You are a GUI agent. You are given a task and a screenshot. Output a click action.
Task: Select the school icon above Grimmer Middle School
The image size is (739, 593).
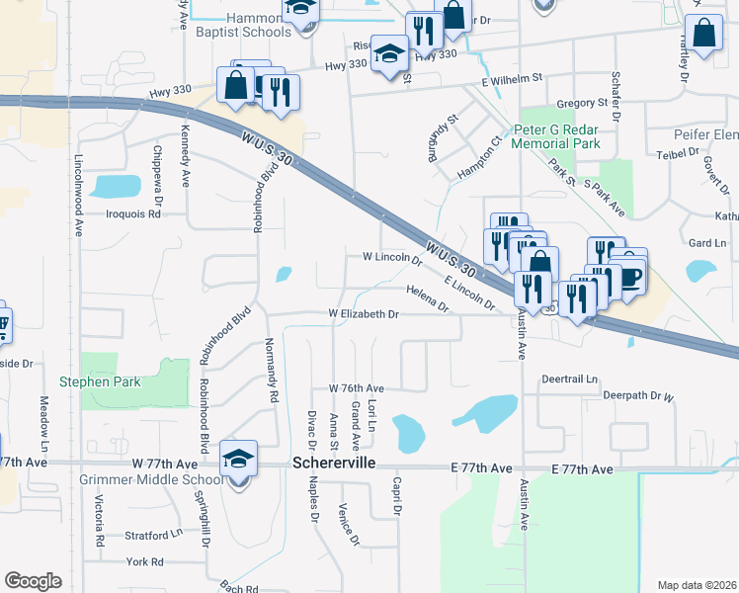coord(238,458)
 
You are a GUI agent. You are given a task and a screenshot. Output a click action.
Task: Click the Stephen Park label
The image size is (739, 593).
coord(100,381)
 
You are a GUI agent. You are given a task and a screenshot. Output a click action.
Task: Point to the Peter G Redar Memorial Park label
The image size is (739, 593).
coord(557,136)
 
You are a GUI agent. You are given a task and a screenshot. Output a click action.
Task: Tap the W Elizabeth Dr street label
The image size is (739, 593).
coord(364,314)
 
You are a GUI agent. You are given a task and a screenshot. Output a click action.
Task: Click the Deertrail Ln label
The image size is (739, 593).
coord(570,379)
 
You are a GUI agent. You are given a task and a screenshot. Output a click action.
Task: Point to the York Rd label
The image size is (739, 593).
coord(144,562)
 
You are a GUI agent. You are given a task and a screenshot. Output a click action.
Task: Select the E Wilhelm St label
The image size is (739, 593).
coord(513,76)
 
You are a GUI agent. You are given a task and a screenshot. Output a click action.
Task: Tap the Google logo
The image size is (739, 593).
coord(33,581)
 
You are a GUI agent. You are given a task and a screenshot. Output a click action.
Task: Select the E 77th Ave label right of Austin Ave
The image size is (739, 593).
coord(586,467)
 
